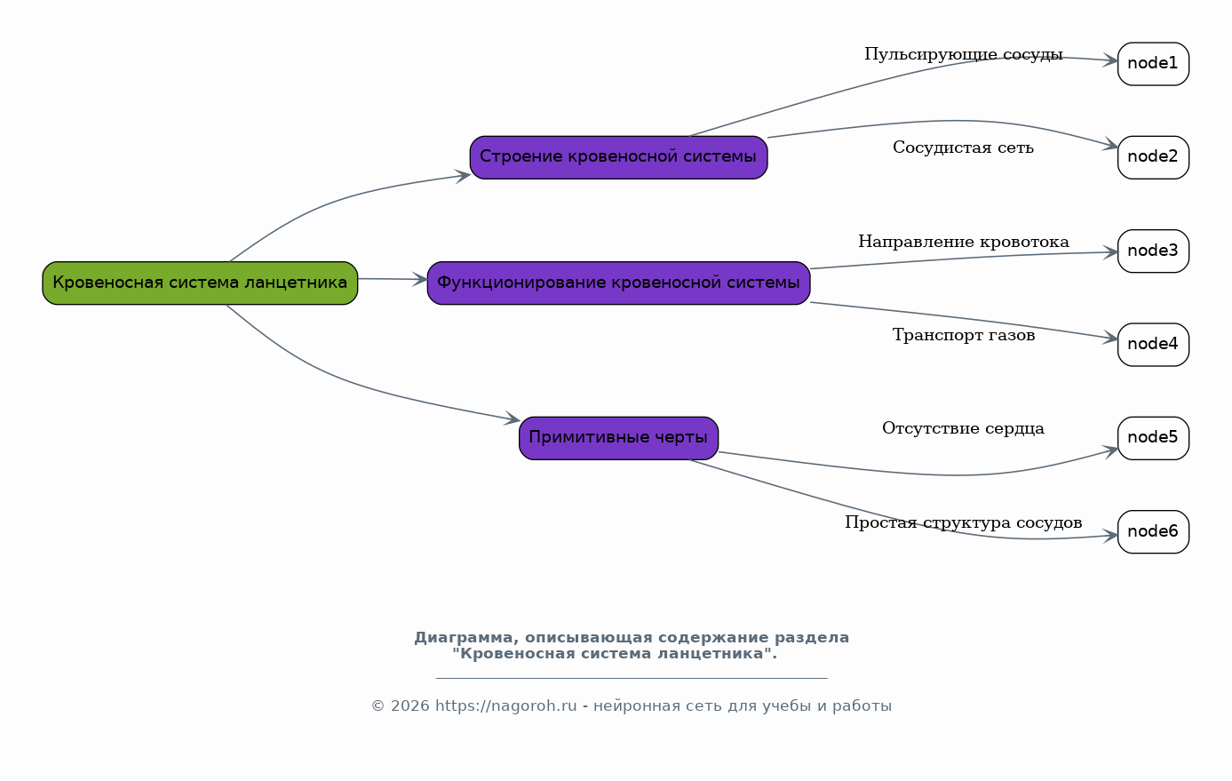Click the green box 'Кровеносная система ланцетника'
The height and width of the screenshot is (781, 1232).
coord(200,283)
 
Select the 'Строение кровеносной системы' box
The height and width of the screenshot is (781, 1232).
coord(619,158)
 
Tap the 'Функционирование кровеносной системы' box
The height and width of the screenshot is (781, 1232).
coord(619,283)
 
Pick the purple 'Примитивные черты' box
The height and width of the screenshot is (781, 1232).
coord(619,438)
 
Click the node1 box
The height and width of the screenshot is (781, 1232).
coord(1153,64)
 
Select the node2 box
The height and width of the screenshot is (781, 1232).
coord(1153,158)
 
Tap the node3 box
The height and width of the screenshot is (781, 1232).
coord(1153,251)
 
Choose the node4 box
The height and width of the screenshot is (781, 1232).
coord(1153,345)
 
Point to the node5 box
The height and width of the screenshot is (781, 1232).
coord(1153,438)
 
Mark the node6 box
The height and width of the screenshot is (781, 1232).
coord(1153,532)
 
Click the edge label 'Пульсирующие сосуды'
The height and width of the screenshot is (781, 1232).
coord(964,54)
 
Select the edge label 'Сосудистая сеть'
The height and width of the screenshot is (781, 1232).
coord(963,147)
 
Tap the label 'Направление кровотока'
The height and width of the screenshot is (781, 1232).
coord(964,242)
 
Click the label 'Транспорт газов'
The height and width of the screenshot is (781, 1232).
coord(964,335)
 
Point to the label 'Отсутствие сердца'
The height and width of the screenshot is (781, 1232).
coord(963,428)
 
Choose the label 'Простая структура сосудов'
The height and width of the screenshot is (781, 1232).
coord(964,522)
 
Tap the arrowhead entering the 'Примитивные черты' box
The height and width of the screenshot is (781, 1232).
coord(513,419)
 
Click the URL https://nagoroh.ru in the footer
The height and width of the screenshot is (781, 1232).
coord(506,706)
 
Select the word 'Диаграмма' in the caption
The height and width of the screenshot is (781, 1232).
coord(464,638)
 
